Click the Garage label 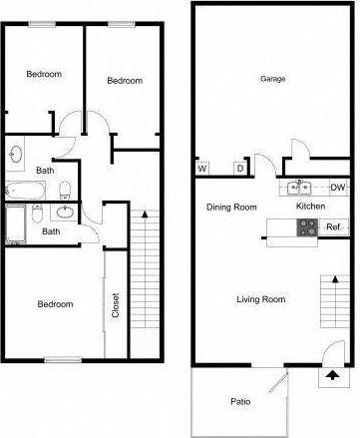[272, 79]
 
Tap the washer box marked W [202, 169]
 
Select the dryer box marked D [239, 169]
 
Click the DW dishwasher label [337, 188]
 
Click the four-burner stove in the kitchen [304, 226]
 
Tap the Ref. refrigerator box [334, 226]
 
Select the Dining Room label [231, 208]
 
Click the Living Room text [261, 299]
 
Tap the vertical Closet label [116, 303]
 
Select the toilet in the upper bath [64, 189]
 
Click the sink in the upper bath [15, 155]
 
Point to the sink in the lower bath [62, 212]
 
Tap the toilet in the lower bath [37, 213]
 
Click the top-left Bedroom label [44, 74]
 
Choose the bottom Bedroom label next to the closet [55, 304]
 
